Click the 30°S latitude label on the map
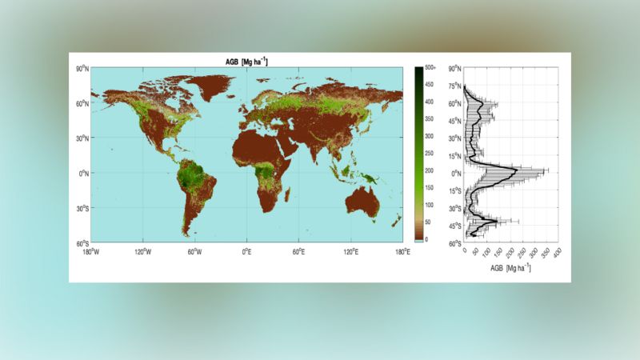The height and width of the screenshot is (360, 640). (80, 207)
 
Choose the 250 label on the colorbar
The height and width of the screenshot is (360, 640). (428, 153)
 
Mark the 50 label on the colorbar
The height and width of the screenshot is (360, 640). (427, 222)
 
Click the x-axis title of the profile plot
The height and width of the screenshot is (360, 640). (510, 267)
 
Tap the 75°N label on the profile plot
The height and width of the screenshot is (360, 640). (454, 86)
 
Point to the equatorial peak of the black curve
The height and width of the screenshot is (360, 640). (519, 172)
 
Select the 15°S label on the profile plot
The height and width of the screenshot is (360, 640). (454, 190)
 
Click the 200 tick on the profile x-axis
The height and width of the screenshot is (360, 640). (510, 254)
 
